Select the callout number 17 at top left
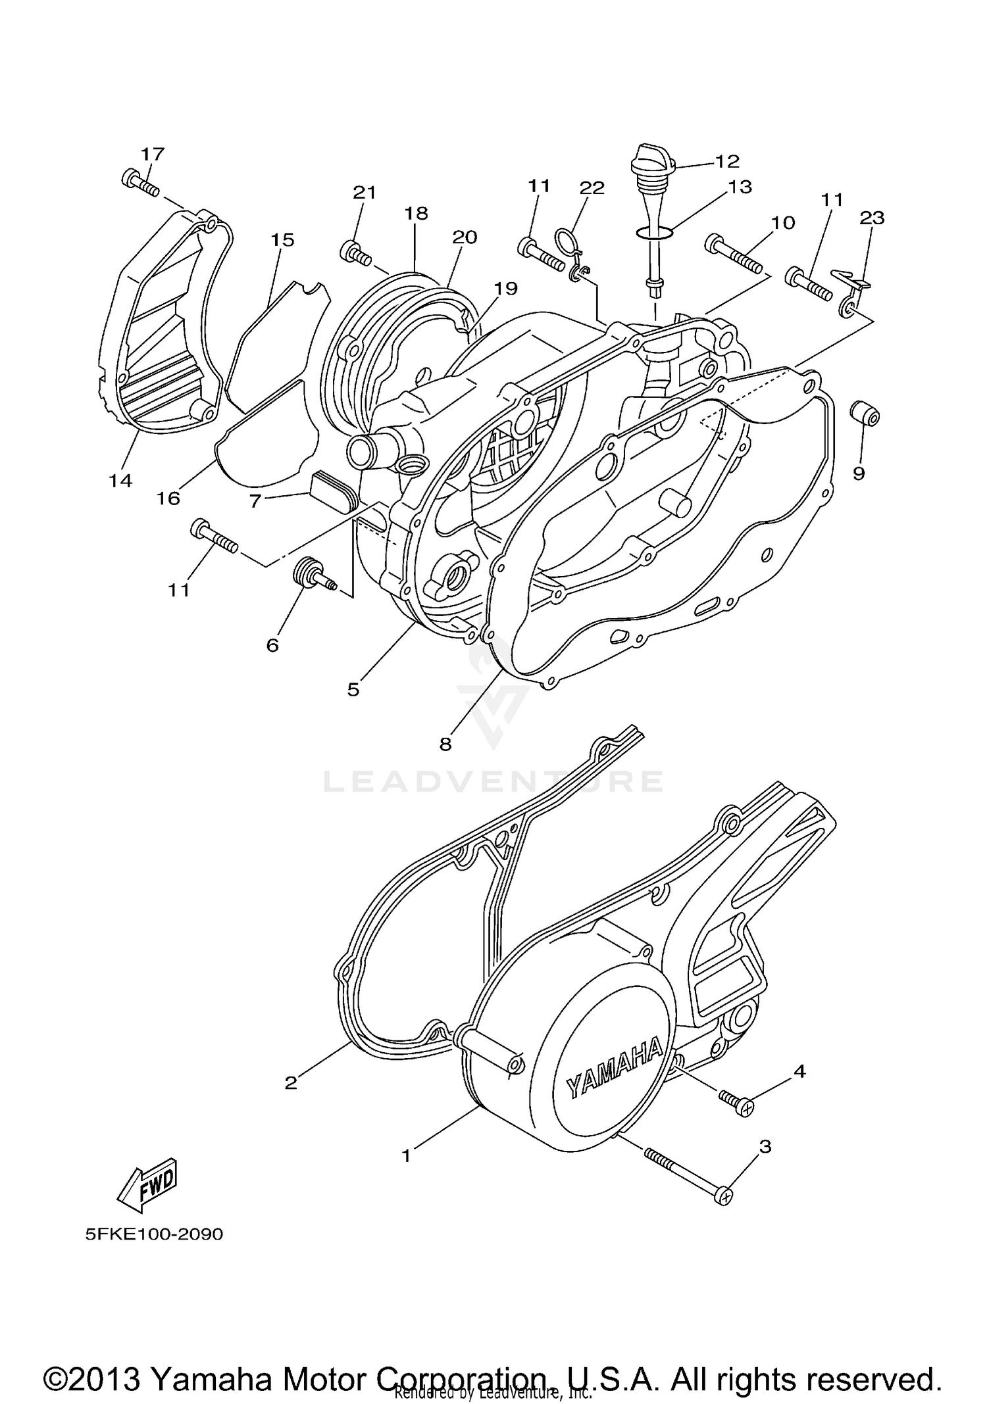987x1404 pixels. click(152, 155)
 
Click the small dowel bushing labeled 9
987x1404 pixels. click(865, 414)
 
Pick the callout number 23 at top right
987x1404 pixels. click(872, 218)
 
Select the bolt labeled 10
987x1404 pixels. click(733, 254)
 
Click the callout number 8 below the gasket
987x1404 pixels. click(445, 744)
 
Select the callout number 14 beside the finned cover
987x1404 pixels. click(120, 481)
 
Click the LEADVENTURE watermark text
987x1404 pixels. click(493, 781)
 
